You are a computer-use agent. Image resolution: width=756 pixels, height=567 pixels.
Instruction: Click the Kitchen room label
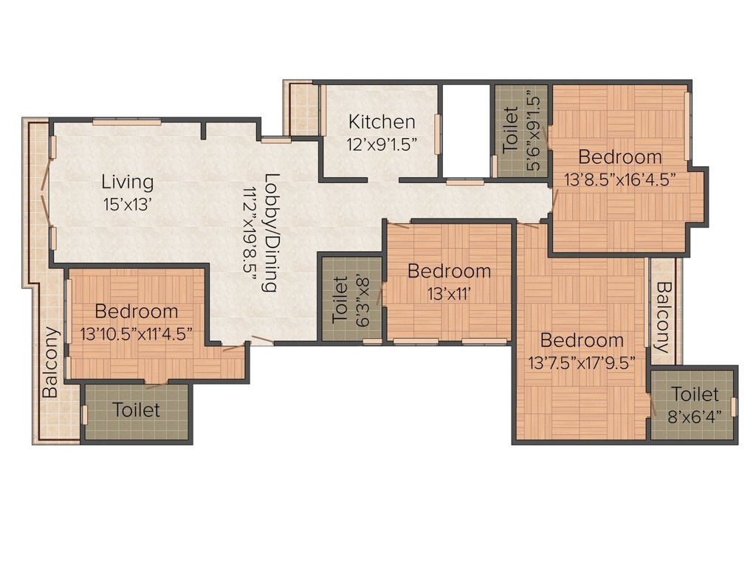point(382,122)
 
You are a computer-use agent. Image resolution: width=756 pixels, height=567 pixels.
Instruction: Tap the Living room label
point(128,182)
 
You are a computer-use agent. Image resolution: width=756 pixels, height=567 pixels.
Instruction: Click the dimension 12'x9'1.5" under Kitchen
point(382,144)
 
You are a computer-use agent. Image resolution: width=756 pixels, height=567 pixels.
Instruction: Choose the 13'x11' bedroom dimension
point(449,294)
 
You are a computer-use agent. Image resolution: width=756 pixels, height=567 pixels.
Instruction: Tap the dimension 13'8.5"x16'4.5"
point(619,179)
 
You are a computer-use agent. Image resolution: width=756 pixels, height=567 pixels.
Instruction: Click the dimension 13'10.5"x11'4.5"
point(137,333)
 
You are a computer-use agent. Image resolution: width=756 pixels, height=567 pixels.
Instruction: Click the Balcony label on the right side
point(664,317)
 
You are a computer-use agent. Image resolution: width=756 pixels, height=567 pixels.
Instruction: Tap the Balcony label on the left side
point(49,362)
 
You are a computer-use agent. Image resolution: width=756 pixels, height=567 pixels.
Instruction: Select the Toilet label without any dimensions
point(137,410)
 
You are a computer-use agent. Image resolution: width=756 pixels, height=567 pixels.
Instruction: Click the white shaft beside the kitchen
point(465,129)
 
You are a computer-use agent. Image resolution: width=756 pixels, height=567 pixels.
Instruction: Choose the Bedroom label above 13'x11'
point(449,272)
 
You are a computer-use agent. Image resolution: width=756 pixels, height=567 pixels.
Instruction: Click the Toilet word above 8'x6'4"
point(695,394)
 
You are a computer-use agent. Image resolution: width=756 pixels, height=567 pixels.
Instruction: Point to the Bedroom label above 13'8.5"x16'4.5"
point(619,157)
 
